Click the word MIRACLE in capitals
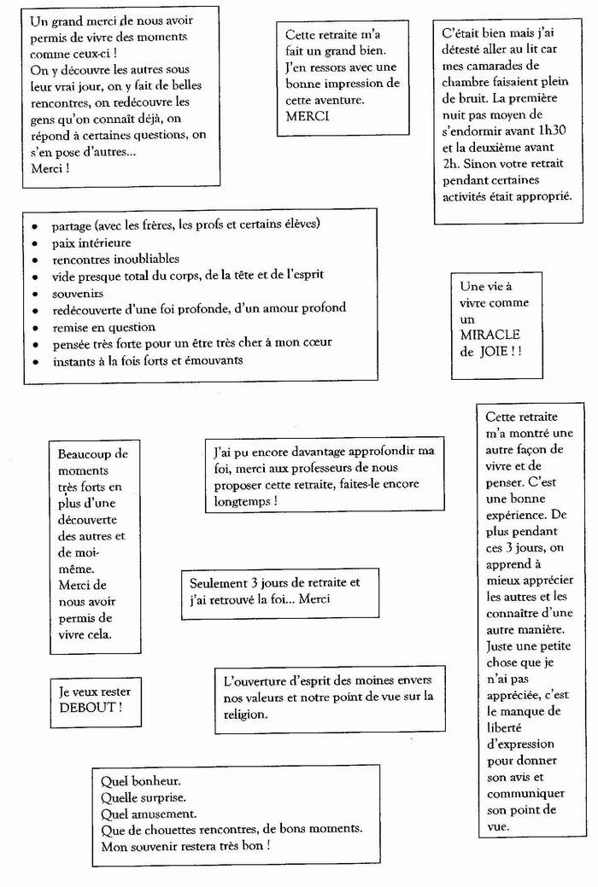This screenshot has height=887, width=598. click(x=490, y=335)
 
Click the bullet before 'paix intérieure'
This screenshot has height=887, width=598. click(x=33, y=244)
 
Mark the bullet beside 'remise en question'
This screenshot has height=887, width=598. click(x=33, y=328)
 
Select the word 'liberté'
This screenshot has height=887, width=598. click(x=508, y=727)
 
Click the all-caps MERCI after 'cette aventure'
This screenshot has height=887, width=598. click(x=308, y=116)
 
